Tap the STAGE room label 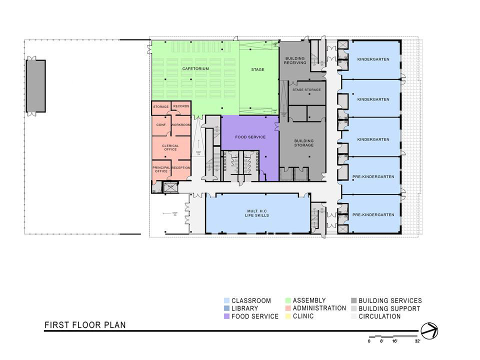click(257, 69)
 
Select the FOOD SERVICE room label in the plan click(250, 137)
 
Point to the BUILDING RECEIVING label click(294, 60)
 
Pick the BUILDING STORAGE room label click(303, 143)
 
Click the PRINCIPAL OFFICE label click(161, 169)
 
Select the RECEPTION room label click(180, 167)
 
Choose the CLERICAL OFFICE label click(170, 147)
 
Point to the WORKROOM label click(180, 124)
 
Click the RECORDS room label click(181, 106)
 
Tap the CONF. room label click(161, 124)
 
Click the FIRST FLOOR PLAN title click(85, 325)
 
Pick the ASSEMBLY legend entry click(309, 300)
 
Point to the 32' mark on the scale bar click(417, 341)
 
